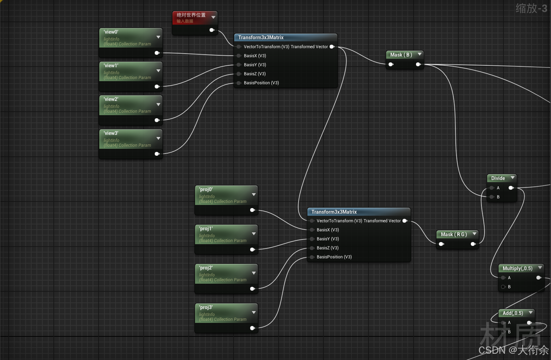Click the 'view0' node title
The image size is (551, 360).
[111, 32]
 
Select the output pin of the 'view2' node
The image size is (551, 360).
[157, 120]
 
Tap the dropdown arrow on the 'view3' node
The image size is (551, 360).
[158, 138]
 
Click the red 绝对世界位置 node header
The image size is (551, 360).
[191, 15]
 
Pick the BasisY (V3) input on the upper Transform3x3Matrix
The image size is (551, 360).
[239, 65]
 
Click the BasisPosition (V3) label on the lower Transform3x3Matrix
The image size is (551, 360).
[334, 257]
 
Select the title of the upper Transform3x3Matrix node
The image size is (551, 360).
[261, 37]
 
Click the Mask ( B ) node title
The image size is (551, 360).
[401, 55]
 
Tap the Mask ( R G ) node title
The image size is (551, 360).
[453, 234]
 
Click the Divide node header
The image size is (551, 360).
[498, 178]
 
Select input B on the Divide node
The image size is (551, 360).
[492, 197]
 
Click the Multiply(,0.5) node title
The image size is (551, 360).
[517, 268]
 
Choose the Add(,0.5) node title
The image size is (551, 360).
[512, 313]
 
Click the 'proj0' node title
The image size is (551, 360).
[206, 189]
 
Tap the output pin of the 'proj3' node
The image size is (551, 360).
[252, 328]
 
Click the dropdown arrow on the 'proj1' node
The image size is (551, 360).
[254, 234]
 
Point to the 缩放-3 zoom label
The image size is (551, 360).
[531, 8]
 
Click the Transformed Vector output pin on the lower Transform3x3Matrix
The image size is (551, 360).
[405, 221]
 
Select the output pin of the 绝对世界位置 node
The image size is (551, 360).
[212, 30]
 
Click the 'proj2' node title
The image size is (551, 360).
[206, 268]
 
